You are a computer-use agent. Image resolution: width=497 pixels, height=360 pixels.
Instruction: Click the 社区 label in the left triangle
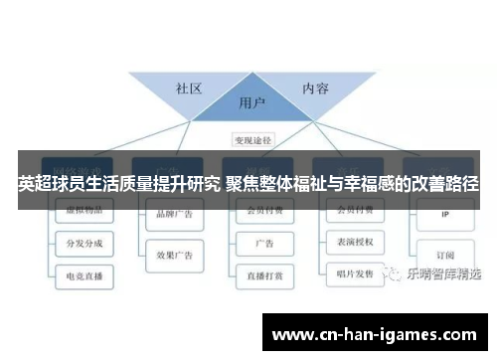click(189, 88)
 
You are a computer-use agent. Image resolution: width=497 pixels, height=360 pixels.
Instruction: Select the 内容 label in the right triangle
click(315, 88)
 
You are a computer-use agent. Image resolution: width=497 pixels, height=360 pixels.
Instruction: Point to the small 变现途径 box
click(252, 140)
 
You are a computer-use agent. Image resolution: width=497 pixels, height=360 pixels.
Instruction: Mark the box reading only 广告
click(264, 243)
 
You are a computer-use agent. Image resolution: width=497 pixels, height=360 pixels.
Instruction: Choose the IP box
click(444, 213)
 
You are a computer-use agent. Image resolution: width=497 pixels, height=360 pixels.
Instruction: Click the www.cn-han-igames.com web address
click(373, 335)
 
